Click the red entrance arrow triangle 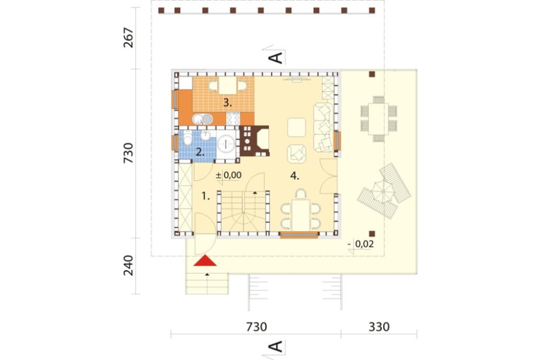[205, 261]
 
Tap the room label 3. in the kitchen [227, 102]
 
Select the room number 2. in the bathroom [200, 152]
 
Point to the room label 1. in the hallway [206, 197]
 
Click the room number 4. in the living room [294, 176]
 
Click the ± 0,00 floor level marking [228, 175]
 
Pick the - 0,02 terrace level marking [361, 244]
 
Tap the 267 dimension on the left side [128, 38]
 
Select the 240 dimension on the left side [128, 265]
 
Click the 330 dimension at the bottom [379, 326]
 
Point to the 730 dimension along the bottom [256, 326]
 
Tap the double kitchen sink [202, 119]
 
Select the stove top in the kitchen [233, 119]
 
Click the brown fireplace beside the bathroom [254, 141]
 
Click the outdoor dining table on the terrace [378, 119]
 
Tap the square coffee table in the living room [296, 128]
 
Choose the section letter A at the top [276, 58]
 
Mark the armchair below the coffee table [296, 154]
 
